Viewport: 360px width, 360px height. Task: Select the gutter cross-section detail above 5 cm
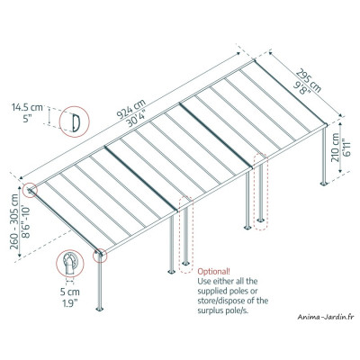(x=69, y=265)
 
